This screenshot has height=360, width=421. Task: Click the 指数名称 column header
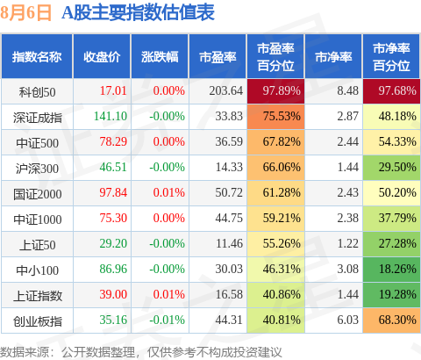pyautogui.click(x=37, y=57)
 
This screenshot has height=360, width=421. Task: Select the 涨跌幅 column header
pyautogui.click(x=160, y=57)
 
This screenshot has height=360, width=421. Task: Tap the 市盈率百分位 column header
pyautogui.click(x=275, y=57)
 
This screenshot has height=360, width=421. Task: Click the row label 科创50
pyautogui.click(x=37, y=92)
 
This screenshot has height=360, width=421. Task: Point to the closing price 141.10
pyautogui.click(x=111, y=116)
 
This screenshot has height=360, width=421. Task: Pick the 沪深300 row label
pyautogui.click(x=37, y=169)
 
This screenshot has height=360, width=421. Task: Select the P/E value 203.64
pyautogui.click(x=225, y=90)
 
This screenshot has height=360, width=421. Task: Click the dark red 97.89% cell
pyautogui.click(x=275, y=91)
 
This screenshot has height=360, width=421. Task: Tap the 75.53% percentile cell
pyautogui.click(x=275, y=117)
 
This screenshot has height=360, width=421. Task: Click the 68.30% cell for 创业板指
pyautogui.click(x=391, y=320)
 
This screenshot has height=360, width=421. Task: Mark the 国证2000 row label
pyautogui.click(x=37, y=194)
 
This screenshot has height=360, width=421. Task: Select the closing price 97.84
pyautogui.click(x=113, y=192)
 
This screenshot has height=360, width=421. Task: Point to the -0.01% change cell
pyautogui.click(x=167, y=320)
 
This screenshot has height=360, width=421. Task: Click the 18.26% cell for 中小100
pyautogui.click(x=391, y=270)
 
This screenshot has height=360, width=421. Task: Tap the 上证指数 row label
pyautogui.click(x=38, y=296)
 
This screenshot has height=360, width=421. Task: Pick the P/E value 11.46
pyautogui.click(x=229, y=243)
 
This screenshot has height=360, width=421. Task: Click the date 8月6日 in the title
pyautogui.click(x=25, y=13)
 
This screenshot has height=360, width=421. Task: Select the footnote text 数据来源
pyautogui.click(x=25, y=352)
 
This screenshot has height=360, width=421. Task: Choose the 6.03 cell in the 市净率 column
pyautogui.click(x=347, y=320)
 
